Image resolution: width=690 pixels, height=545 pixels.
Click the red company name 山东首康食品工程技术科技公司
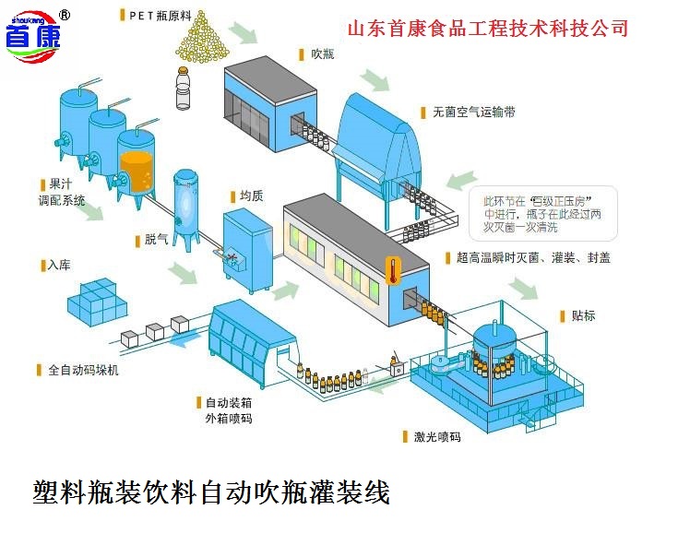[488, 29]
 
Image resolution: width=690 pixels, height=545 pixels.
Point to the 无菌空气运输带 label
[474, 112]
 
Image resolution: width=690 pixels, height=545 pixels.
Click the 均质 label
[251, 195]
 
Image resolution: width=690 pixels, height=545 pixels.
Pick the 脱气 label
[156, 240]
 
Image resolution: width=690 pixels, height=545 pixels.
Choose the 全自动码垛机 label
[83, 370]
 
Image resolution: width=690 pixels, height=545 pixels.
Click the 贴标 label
[583, 316]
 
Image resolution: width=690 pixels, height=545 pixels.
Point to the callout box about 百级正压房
[541, 212]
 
